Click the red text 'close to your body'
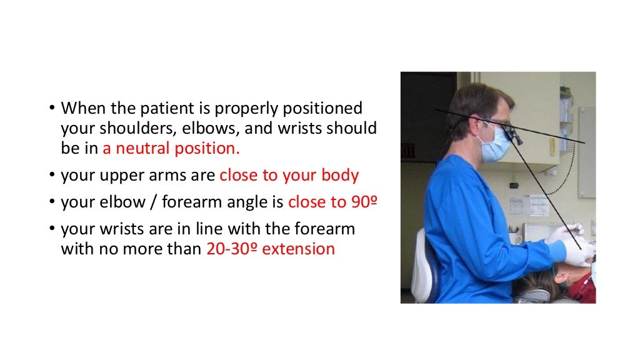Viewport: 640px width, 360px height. tap(289, 175)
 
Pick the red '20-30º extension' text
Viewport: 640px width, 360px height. tap(270, 249)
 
